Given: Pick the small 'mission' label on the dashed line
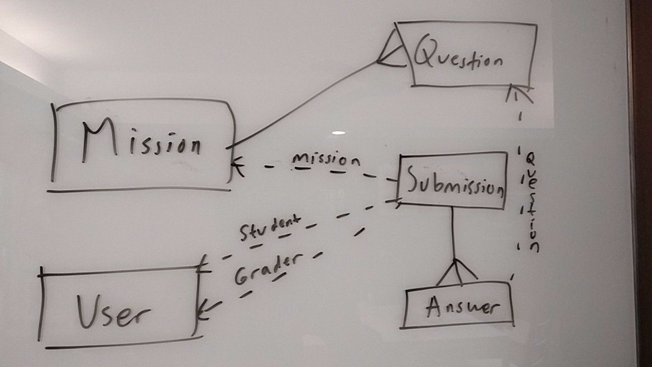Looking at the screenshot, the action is tap(326, 160).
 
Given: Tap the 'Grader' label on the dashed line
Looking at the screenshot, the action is tap(265, 267).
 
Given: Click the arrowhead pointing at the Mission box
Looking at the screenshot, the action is tap(237, 167).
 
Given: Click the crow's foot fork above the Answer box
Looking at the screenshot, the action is tap(457, 272).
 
